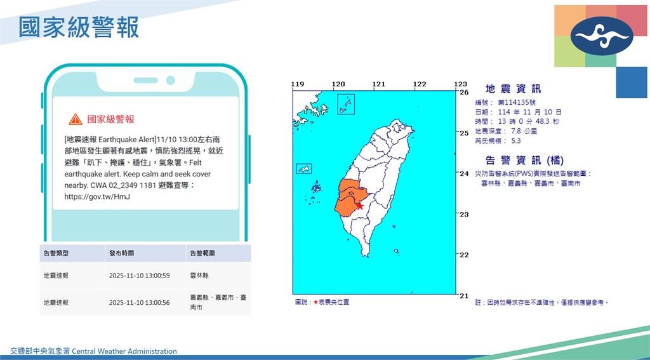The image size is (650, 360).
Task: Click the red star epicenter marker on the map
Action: (x=360, y=206)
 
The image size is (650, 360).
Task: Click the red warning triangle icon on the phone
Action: (x=76, y=119)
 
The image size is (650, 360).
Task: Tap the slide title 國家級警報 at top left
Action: (x=79, y=28)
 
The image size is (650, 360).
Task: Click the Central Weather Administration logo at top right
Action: (x=601, y=36)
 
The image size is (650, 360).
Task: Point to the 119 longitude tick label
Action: (x=298, y=84)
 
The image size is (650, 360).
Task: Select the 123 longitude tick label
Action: (x=460, y=84)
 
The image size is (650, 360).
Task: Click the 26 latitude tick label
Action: (x=464, y=92)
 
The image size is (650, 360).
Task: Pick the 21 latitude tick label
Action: (x=464, y=295)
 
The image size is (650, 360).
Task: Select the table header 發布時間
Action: (x=121, y=253)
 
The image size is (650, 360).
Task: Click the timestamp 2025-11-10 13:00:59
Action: (x=138, y=276)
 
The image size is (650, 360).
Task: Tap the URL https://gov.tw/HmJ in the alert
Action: (x=93, y=197)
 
